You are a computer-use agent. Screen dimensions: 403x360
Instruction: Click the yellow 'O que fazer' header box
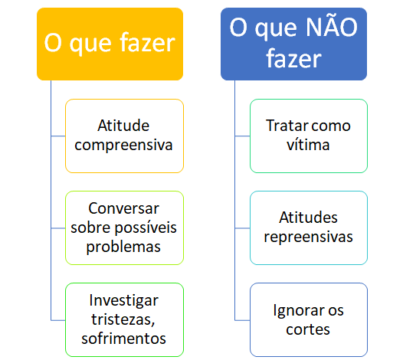(110, 44)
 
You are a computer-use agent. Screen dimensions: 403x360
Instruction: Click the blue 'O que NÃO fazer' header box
(293, 44)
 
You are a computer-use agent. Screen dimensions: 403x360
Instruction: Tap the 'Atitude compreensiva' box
(124, 136)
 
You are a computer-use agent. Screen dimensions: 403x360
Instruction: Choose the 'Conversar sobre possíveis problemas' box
(124, 228)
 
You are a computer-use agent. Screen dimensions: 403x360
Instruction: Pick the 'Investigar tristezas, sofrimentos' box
(124, 320)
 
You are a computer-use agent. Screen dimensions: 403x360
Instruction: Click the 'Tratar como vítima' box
(309, 136)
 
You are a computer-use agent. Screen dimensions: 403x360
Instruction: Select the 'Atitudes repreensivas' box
(309, 228)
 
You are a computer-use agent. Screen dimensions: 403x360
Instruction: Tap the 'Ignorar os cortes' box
(309, 320)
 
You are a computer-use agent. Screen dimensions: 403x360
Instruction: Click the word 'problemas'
(123, 247)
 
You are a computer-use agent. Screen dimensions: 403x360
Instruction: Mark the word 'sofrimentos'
(123, 338)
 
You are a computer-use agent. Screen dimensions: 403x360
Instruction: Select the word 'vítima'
(308, 145)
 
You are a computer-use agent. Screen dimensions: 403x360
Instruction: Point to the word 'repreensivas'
(309, 237)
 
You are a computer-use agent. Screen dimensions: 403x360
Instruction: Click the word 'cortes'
(308, 329)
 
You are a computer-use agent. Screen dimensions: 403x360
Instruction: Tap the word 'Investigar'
(124, 301)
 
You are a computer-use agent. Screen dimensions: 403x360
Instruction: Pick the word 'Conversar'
(123, 208)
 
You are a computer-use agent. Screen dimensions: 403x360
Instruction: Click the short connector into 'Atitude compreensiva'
(58, 136)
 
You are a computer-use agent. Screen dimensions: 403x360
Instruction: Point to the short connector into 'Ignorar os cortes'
(242, 320)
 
